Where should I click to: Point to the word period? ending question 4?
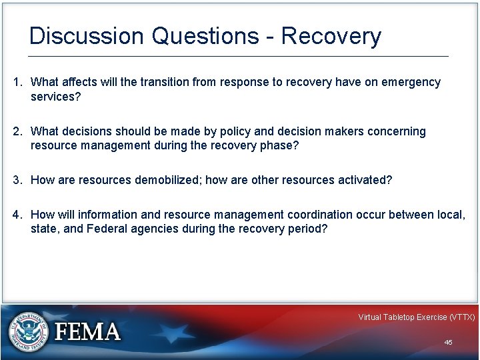[x=307, y=229]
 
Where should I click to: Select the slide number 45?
[x=448, y=342]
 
